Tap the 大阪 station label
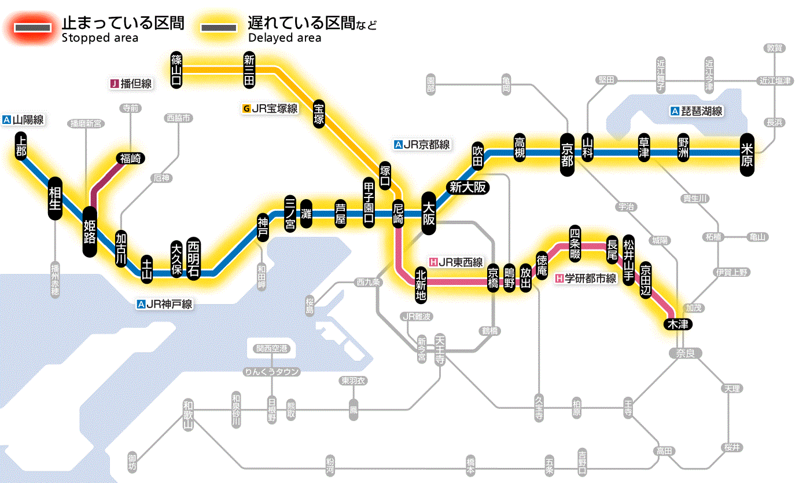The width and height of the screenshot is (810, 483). [x=429, y=214]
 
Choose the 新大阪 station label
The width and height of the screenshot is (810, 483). [x=469, y=187]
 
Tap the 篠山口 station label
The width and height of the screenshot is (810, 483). [x=177, y=69]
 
